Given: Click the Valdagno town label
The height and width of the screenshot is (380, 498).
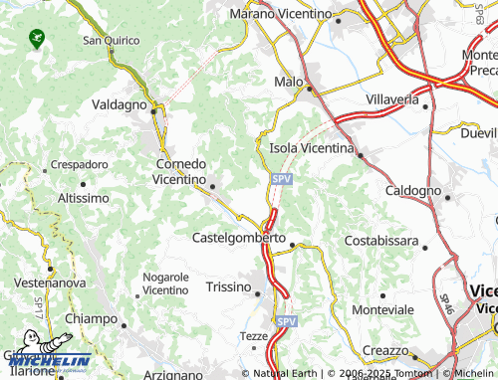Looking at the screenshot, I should coord(119,104).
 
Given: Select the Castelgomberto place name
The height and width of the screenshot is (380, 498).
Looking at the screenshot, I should coord(239,240).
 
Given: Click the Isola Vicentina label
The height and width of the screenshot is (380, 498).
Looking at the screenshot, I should coord(313,148).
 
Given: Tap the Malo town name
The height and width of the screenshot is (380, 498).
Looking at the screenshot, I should coord(288,82).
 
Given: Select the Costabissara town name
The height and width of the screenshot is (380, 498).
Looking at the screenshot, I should coord(381,242).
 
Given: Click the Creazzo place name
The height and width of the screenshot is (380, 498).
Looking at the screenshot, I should coord(385,351).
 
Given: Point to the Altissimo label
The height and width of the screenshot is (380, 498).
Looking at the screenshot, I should coord(84,198).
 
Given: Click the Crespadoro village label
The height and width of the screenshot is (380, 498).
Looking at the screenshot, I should coord(79,163).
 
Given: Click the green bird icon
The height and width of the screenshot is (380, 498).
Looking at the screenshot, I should coord(38,39).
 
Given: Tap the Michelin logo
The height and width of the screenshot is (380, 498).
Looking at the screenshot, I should coord(50,360).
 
